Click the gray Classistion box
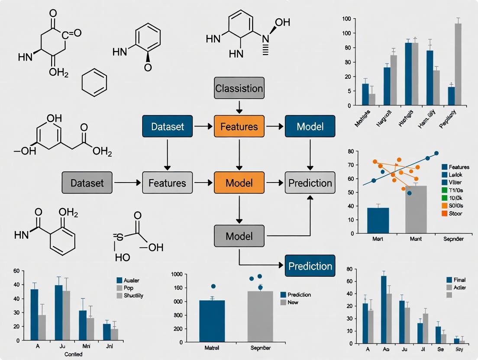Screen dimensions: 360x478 pyautogui.click(x=239, y=88)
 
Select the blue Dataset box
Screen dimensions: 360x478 pyautogui.click(x=168, y=126)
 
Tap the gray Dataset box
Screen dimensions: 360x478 pyautogui.click(x=87, y=183)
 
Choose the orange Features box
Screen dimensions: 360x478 pyautogui.click(x=239, y=126)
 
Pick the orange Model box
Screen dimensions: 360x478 pyautogui.click(x=239, y=183)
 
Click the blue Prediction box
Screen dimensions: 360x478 pyautogui.click(x=310, y=265)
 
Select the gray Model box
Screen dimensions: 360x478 pyautogui.click(x=239, y=236)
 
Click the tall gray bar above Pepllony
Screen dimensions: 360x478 pyautogui.click(x=458, y=64)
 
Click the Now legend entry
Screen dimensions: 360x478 pyautogui.click(x=293, y=302)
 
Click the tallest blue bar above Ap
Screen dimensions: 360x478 pyautogui.click(x=384, y=310)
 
